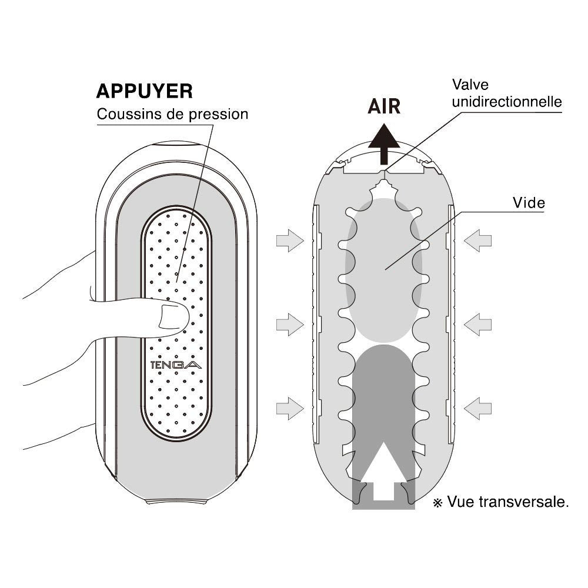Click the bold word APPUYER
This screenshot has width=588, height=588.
pos(144,91)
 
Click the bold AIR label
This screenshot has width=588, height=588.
pos(384,106)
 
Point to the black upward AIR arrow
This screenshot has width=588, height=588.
pos(384,142)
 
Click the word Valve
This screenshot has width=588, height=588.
pos(470,85)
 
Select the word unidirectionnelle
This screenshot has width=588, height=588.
pos(507,102)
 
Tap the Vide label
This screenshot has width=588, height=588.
pos(529,203)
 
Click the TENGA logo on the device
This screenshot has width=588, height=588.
pos(176,365)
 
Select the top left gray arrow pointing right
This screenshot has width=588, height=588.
pos(289,240)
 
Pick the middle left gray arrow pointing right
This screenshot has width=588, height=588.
pos(289,324)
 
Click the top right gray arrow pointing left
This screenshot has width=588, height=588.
pos(477,240)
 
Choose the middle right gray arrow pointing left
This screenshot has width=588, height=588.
pos(477,324)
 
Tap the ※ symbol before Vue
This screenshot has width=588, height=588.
pos(437,503)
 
